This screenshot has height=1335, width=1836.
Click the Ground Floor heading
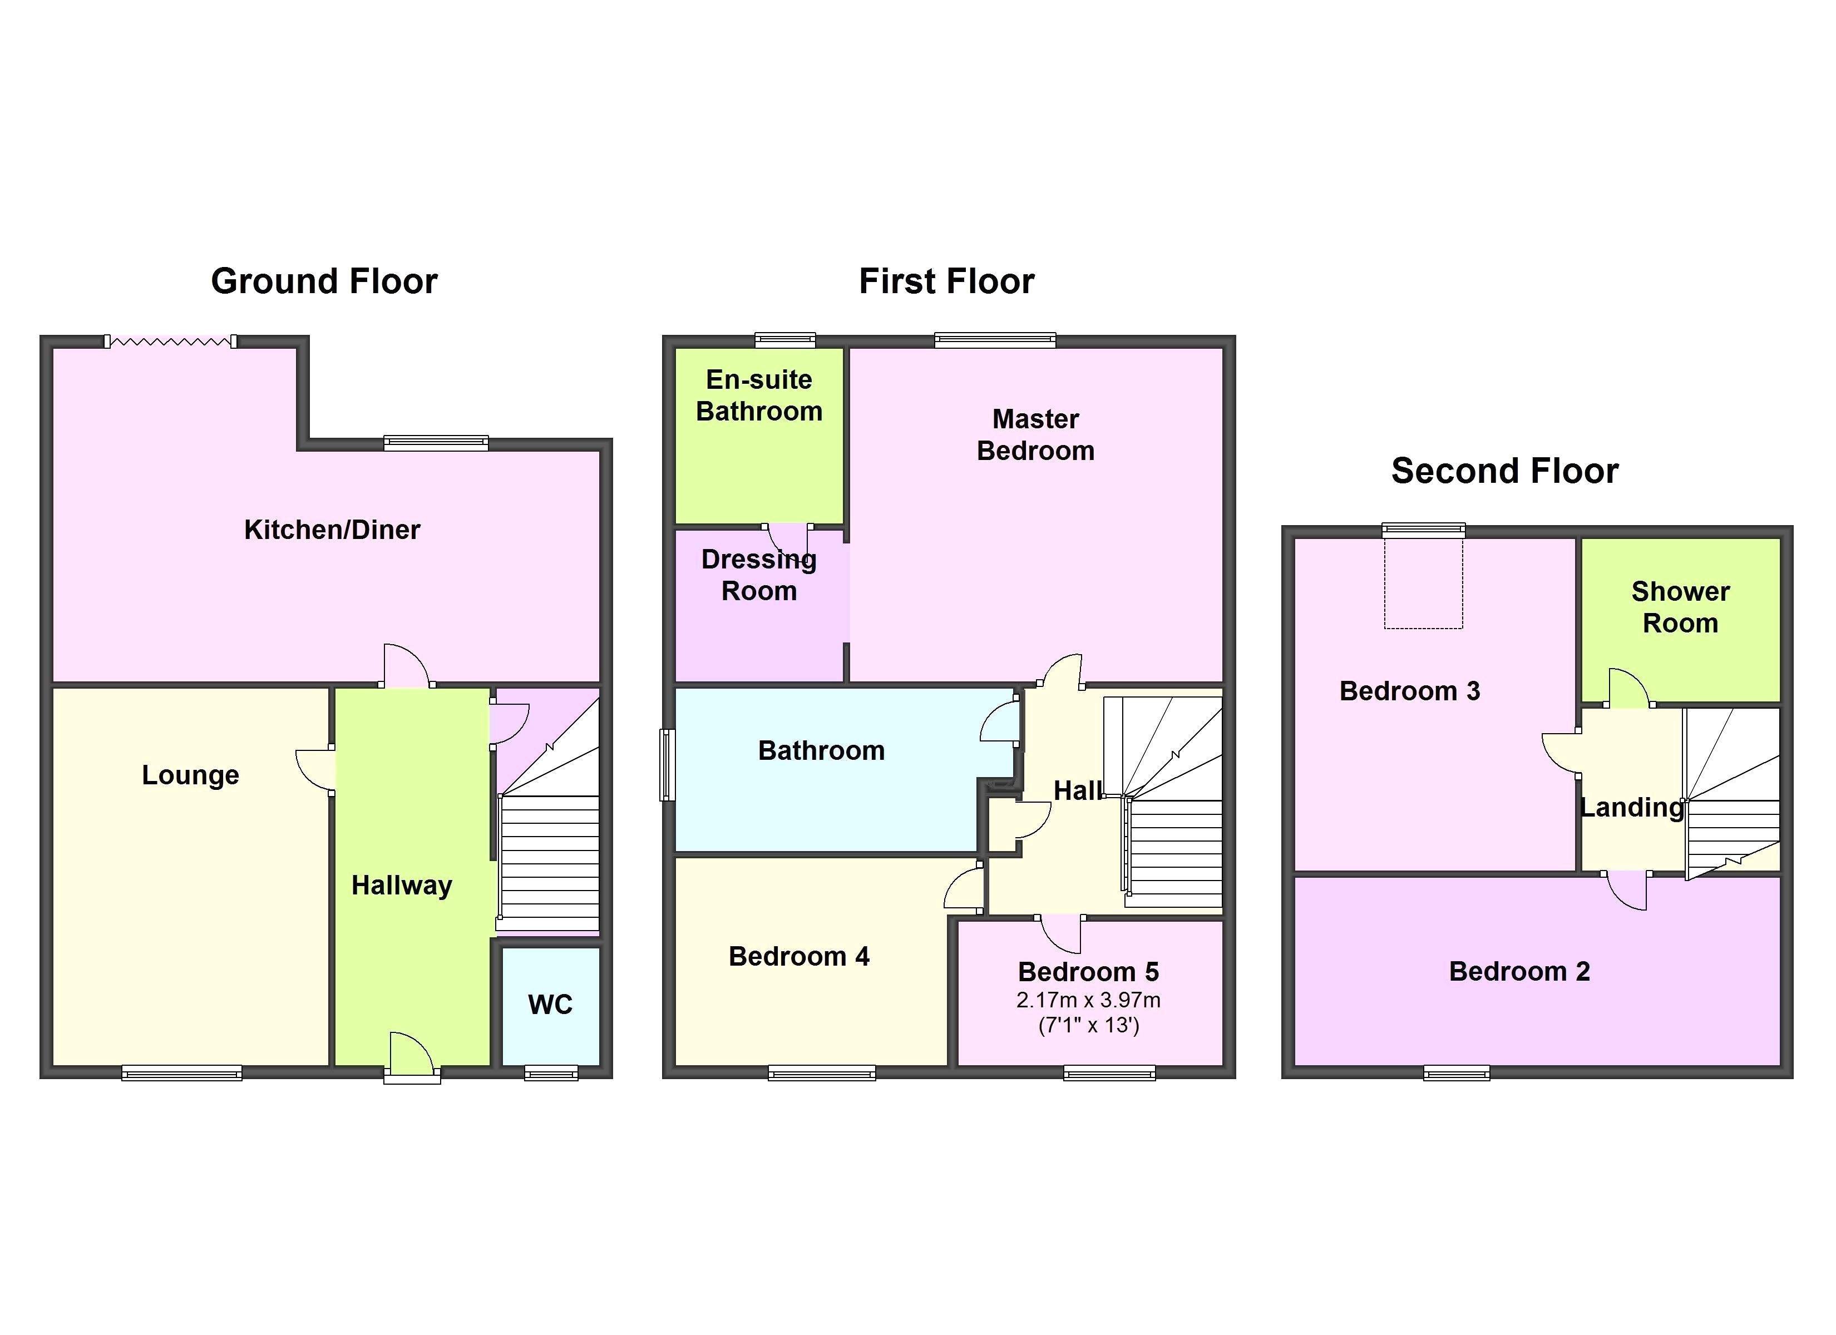tap(324, 281)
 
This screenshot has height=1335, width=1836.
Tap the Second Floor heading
tap(1504, 471)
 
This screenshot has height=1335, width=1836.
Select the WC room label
tap(550, 1005)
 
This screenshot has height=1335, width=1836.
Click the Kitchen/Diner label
tap(332, 530)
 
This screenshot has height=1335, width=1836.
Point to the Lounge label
tap(190, 775)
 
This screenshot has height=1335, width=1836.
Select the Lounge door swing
tap(314, 769)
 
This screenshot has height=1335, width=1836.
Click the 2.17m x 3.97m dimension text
tap(1088, 1000)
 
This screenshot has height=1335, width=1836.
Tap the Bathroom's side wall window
tap(667, 764)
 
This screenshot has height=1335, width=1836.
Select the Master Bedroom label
tap(1035, 435)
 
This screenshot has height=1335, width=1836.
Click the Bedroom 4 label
tap(798, 956)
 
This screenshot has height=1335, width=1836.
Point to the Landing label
tap(1631, 807)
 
